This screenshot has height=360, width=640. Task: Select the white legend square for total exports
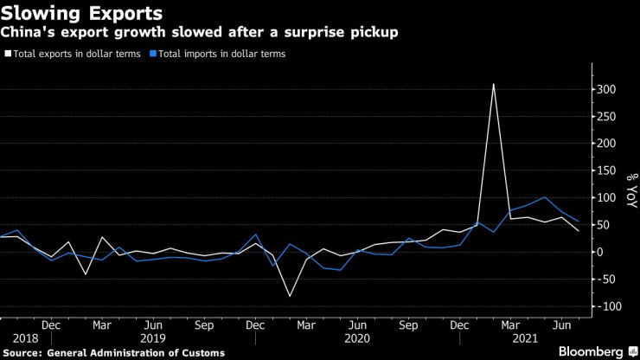point(8,54)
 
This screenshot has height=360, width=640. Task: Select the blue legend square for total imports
point(152,54)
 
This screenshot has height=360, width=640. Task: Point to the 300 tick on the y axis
point(605,90)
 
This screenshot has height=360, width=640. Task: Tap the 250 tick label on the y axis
point(605,117)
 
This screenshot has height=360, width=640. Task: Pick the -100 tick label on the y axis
point(607,306)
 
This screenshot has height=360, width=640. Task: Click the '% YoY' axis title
point(630,191)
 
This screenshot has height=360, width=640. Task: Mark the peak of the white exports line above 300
point(494,84)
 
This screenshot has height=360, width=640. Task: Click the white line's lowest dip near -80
point(290,297)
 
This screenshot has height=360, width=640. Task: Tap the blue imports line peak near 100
point(544,197)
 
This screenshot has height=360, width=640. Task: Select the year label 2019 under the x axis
point(153,339)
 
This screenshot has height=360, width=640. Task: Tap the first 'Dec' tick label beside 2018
point(51,325)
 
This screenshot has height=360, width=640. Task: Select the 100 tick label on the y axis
point(605,198)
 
